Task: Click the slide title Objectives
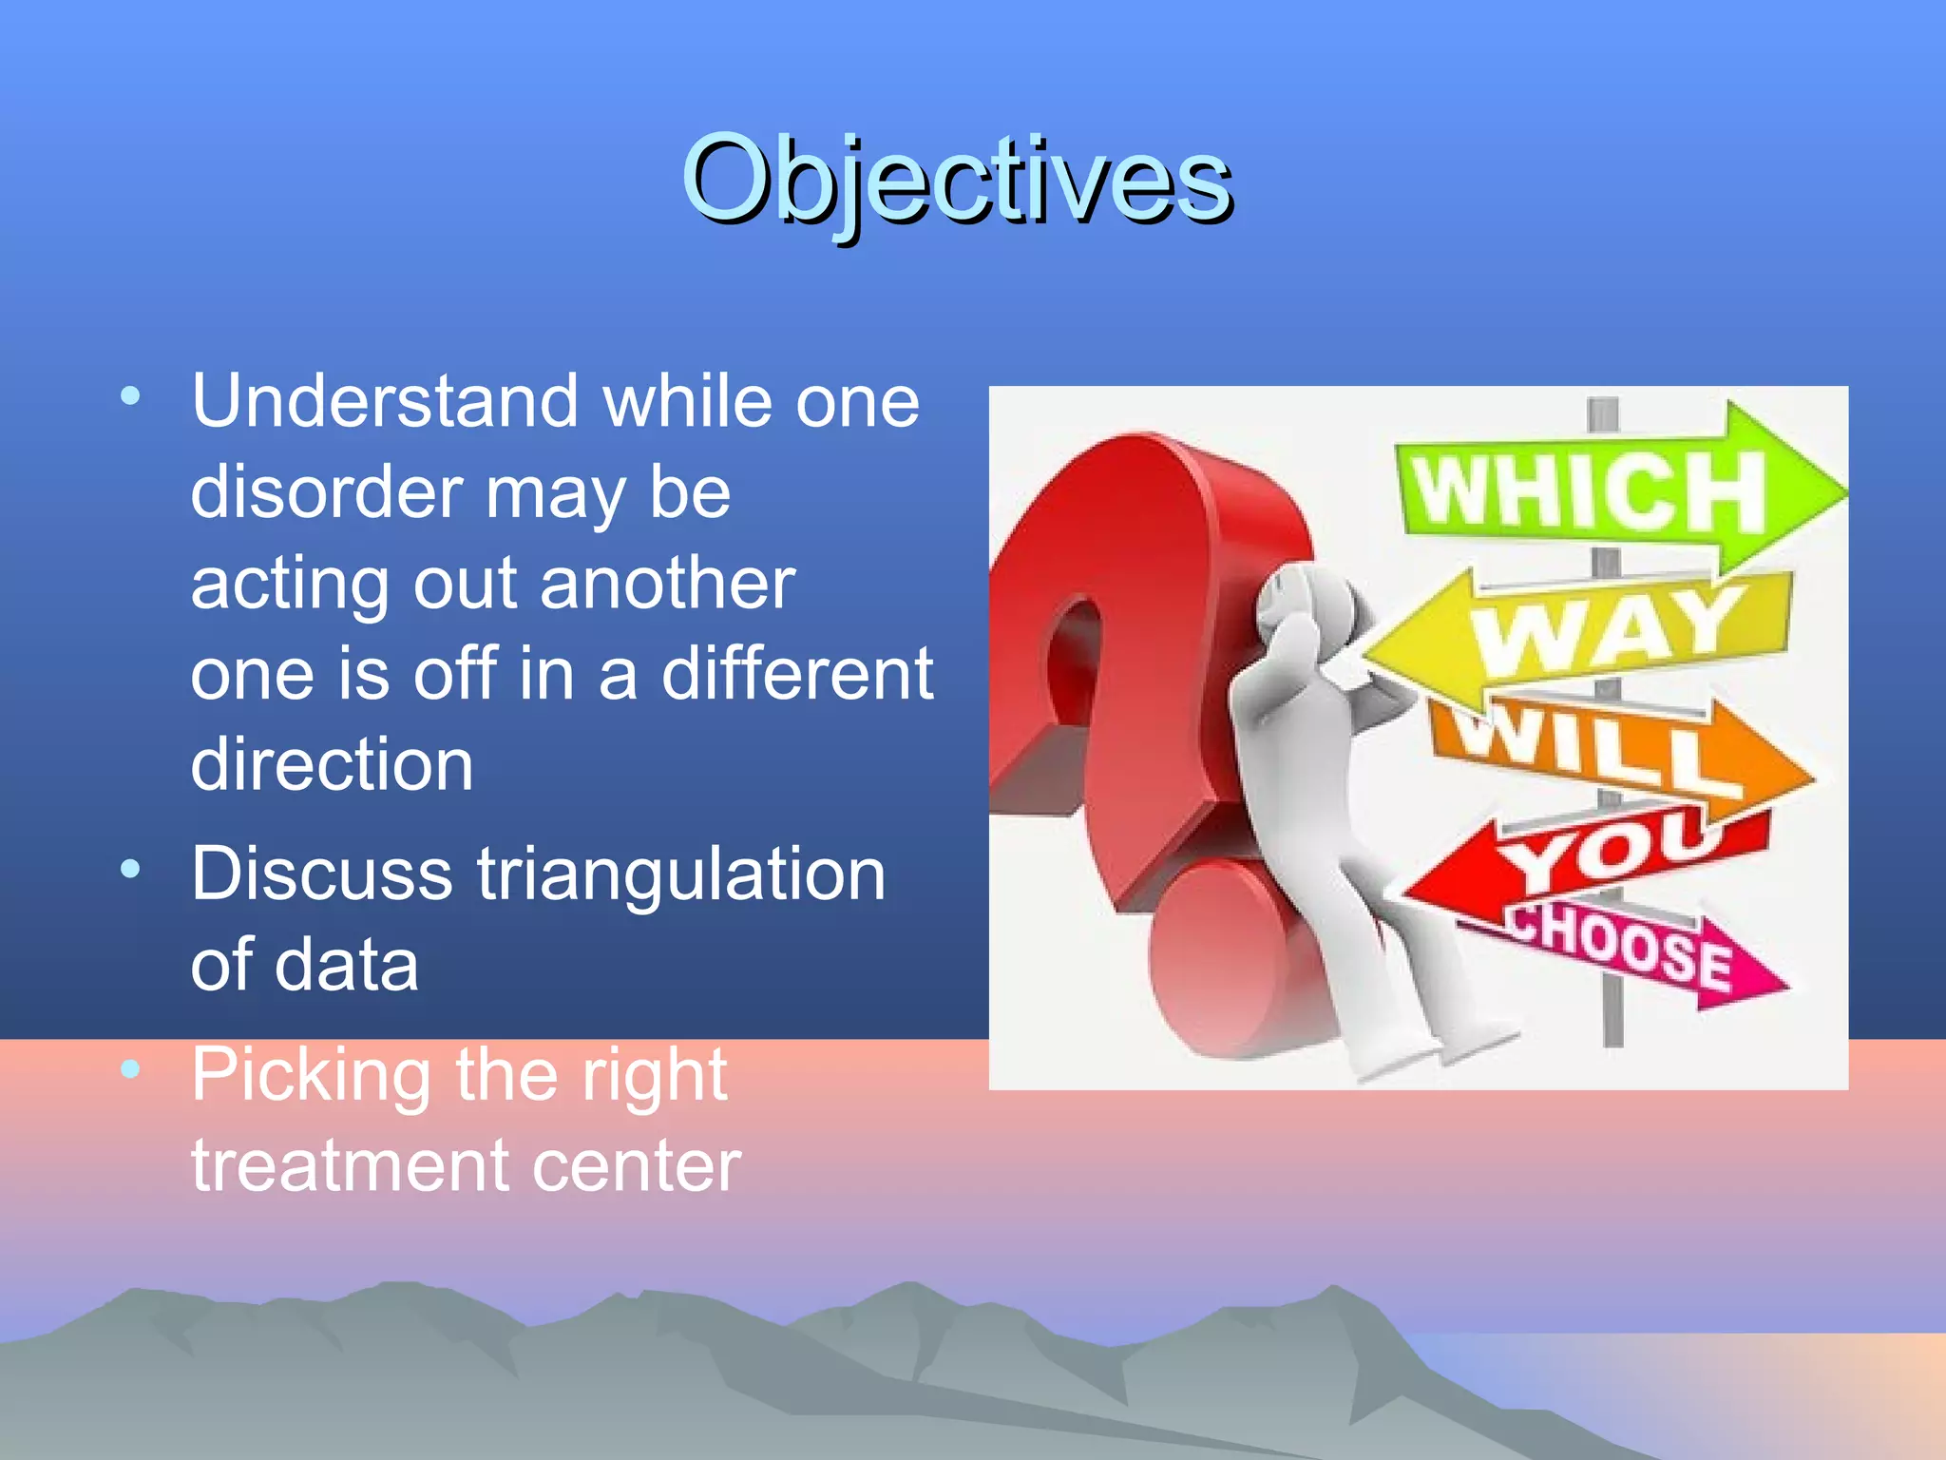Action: pos(956,181)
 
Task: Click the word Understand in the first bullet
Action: pos(386,401)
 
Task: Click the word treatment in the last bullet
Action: pos(335,1165)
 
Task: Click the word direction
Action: pos(332,764)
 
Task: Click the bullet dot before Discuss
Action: pos(131,868)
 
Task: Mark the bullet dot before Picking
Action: pos(131,1069)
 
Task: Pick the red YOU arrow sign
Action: pos(1587,855)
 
